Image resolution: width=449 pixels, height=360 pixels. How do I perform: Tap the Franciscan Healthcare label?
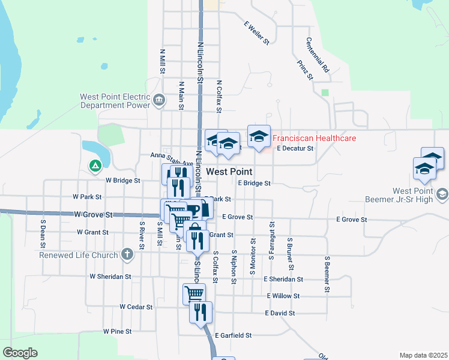(x=315, y=138)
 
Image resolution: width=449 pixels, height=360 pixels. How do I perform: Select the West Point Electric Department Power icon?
(x=159, y=100)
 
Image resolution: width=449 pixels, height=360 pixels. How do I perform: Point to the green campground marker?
(x=95, y=166)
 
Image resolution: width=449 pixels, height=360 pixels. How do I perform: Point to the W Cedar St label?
(x=136, y=307)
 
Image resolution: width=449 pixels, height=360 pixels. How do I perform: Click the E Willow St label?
(x=283, y=296)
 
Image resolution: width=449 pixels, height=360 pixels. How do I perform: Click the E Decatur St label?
(x=294, y=148)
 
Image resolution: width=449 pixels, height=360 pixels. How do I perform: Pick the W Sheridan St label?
(x=110, y=277)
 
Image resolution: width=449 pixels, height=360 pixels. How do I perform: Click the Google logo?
(x=20, y=353)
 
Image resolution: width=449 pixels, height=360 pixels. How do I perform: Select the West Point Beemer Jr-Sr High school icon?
(x=443, y=194)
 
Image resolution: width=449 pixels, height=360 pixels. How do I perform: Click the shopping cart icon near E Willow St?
(x=194, y=293)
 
